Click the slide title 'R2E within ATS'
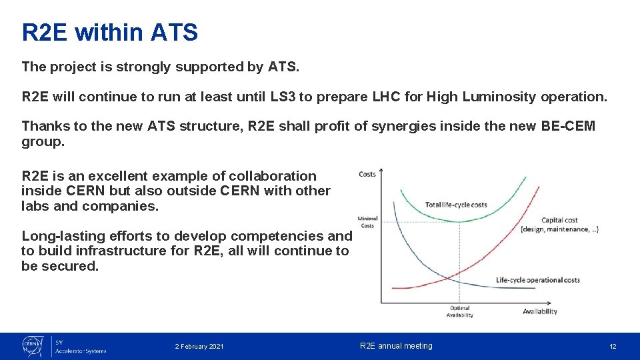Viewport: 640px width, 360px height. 110,32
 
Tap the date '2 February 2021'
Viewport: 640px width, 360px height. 199,347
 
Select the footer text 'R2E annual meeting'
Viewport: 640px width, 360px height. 396,346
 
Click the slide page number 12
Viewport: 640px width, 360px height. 613,347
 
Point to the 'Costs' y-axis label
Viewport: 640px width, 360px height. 367,175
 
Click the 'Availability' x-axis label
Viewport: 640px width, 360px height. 539,311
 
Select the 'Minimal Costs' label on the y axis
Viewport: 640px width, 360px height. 367,222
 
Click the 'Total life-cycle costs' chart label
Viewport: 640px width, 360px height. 456,205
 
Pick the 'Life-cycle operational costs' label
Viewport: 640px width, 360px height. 537,280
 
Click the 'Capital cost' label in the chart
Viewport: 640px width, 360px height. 559,220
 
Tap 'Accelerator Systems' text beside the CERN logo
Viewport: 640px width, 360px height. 81,351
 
